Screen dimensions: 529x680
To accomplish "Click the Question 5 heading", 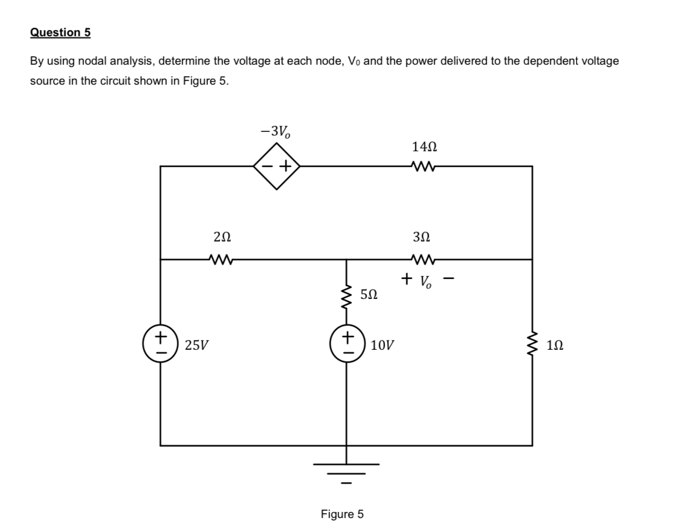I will (x=60, y=33).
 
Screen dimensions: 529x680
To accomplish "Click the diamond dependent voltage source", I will (x=277, y=166).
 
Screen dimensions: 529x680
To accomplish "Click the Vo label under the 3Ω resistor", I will (x=425, y=280).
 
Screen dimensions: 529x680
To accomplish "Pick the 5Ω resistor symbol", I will (x=346, y=296).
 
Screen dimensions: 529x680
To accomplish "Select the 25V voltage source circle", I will (x=160, y=344).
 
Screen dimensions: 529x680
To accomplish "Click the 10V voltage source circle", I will (x=346, y=344).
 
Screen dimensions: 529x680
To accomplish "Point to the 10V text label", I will (x=383, y=345).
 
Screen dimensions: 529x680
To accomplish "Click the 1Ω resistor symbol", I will (x=532, y=344).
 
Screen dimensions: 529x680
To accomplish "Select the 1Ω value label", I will (x=556, y=345).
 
